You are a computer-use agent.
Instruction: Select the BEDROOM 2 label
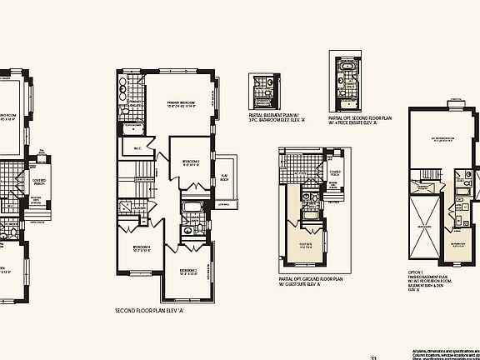pos(191,162)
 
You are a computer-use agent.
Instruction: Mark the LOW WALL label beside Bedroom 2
pos(224,205)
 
